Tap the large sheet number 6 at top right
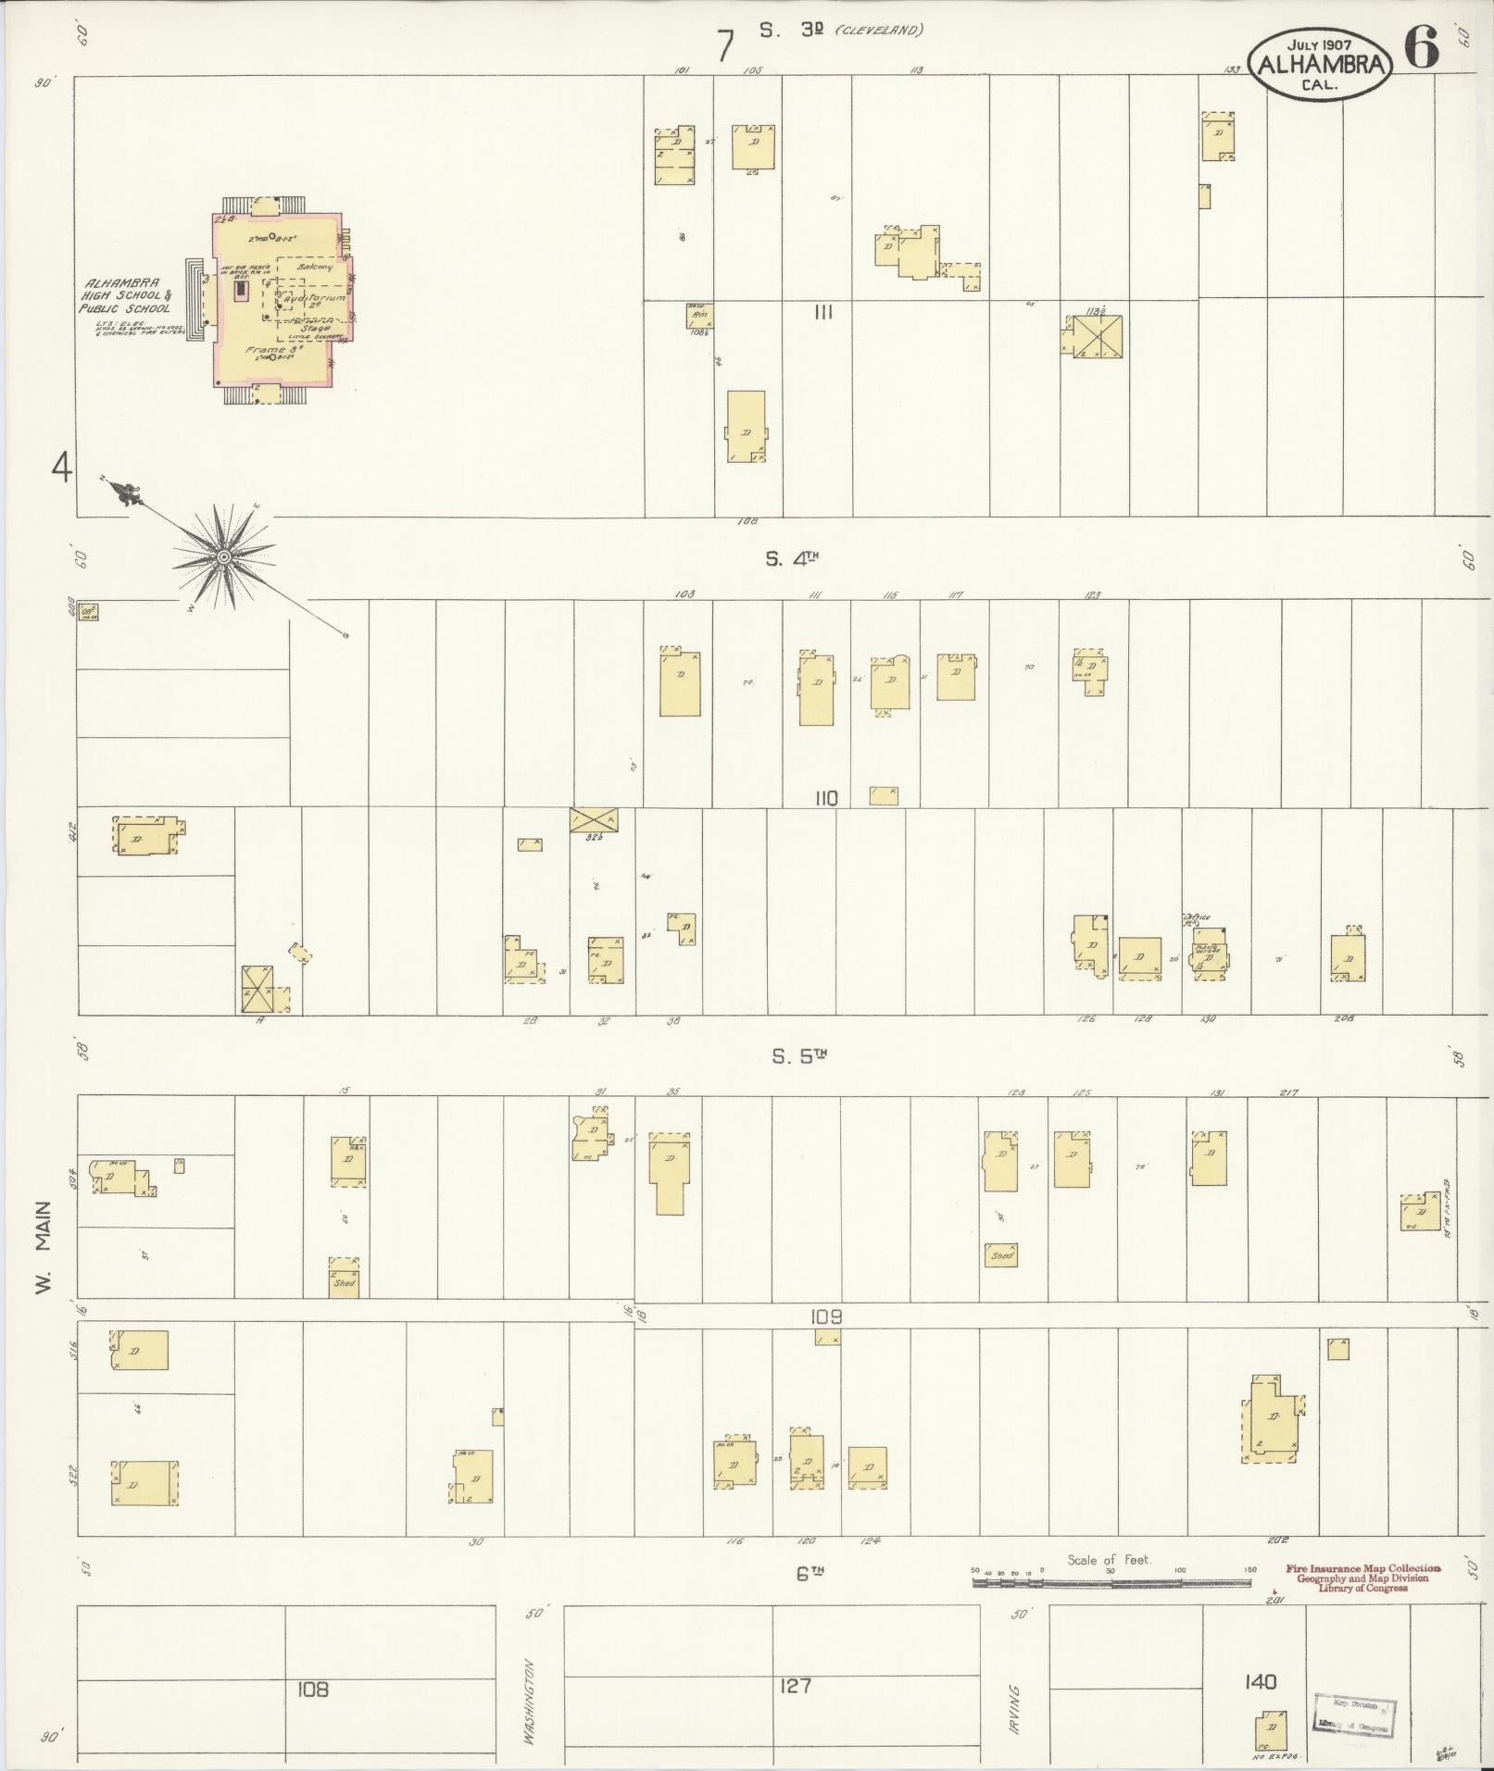(1421, 46)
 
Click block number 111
(822, 313)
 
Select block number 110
(825, 798)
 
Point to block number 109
(825, 1316)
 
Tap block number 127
(796, 1686)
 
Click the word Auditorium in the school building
(315, 299)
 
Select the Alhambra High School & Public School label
(126, 295)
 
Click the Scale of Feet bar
(1111, 1582)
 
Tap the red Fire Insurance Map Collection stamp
(1362, 1578)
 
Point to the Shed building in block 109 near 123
(1000, 1255)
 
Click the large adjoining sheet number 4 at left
(61, 469)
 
